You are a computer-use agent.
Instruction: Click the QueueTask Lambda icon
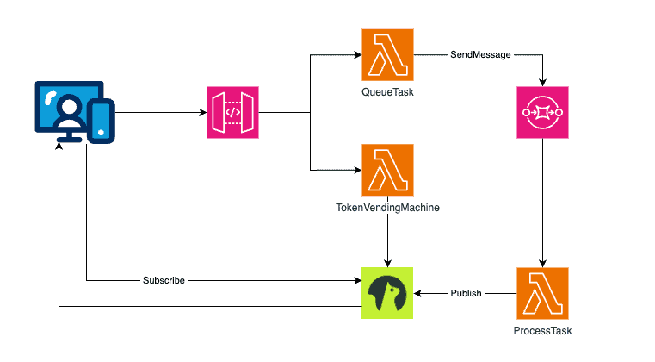387,55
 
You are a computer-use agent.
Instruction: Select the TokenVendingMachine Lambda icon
387,169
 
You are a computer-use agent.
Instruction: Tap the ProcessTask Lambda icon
542,293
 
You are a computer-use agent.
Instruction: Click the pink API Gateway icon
232,113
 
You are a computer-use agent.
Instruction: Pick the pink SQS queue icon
542,113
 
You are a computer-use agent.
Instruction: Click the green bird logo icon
387,293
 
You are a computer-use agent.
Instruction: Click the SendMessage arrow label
480,55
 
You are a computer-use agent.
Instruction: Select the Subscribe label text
164,281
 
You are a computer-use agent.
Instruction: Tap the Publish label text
467,293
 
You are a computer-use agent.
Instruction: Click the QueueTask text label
387,92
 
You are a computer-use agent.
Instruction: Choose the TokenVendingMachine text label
387,207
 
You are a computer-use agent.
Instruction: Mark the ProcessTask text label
542,331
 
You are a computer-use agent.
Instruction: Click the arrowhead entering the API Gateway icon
203,113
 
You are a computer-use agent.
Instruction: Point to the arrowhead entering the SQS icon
542,83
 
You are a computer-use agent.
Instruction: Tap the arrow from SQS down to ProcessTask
542,203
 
